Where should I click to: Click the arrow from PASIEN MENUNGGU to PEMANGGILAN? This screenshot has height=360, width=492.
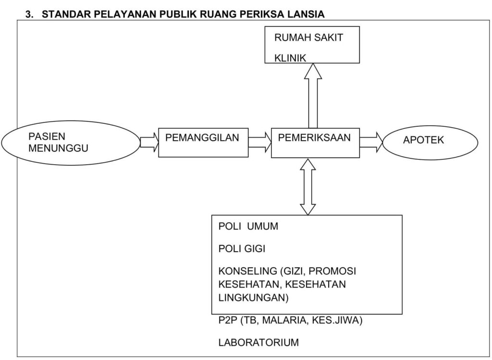click(149, 142)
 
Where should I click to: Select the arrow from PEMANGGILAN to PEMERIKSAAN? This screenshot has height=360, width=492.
click(260, 142)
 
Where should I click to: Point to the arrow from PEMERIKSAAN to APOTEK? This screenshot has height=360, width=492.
click(371, 142)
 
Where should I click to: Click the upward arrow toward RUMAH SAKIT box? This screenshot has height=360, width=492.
click(313, 96)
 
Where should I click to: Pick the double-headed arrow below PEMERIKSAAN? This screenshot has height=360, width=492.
click(308, 187)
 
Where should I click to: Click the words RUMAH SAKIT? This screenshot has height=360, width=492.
click(308, 37)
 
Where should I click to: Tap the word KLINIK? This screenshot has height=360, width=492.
click(290, 58)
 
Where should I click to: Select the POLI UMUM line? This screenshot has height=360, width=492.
click(248, 226)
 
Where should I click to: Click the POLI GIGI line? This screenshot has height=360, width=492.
click(242, 249)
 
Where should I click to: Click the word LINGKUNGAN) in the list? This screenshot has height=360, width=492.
click(253, 297)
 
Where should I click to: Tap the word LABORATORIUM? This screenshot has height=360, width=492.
click(258, 342)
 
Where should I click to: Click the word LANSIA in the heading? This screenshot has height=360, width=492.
click(305, 14)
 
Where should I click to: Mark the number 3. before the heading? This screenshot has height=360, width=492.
click(29, 14)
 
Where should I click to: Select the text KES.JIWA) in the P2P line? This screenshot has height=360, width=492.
click(337, 320)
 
